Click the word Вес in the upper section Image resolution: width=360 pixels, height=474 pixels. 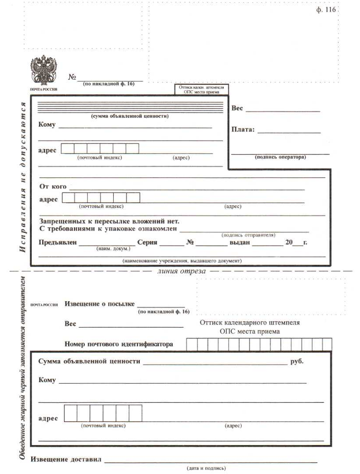[x=237, y=108]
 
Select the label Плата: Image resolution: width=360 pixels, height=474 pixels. [x=243, y=129]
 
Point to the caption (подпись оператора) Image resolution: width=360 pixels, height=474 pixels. [x=280, y=157]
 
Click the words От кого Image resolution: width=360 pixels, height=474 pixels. [x=52, y=187]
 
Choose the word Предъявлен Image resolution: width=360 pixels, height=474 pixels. [x=57, y=242]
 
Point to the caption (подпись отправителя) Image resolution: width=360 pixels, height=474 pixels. [x=248, y=235]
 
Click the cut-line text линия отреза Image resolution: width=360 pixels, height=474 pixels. [x=181, y=270]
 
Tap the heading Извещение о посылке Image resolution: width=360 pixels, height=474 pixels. [x=99, y=303]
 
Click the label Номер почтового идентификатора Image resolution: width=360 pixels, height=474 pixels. [x=118, y=344]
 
